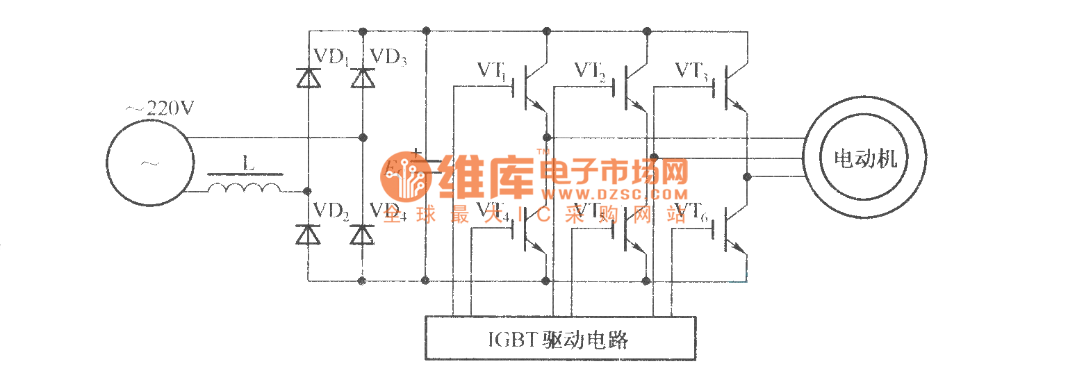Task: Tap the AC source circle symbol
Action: [x=148, y=164]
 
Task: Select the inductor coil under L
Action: [x=245, y=188]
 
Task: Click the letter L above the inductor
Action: [x=248, y=164]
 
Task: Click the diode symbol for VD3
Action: [x=361, y=77]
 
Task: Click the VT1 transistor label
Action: [x=494, y=70]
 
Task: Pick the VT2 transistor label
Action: [x=591, y=70]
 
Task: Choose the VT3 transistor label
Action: [x=691, y=70]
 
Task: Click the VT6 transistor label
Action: [x=691, y=212]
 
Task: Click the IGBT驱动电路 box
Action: [x=560, y=339]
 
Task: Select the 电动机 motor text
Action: [x=865, y=159]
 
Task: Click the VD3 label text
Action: [x=388, y=56]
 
